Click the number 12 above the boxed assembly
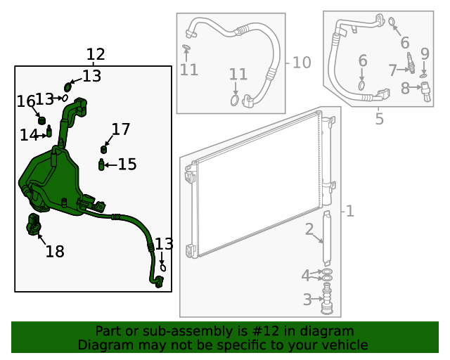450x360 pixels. tap(95, 55)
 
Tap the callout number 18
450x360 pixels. tap(54, 251)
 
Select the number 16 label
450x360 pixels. tap(27, 102)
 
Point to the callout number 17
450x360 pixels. tap(121, 129)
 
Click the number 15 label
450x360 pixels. tap(127, 165)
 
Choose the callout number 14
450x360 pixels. tap(29, 135)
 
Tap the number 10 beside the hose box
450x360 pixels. tap(302, 63)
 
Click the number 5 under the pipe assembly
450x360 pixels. tap(379, 119)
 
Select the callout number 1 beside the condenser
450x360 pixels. tap(349, 211)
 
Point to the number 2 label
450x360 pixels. tap(309, 229)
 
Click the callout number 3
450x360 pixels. tap(307, 300)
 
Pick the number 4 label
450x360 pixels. tap(305, 275)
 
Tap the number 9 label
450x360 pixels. tap(425, 53)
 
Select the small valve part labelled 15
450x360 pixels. tap(102, 165)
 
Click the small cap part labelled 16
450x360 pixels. tap(41, 118)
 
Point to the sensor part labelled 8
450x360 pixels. tap(425, 91)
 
